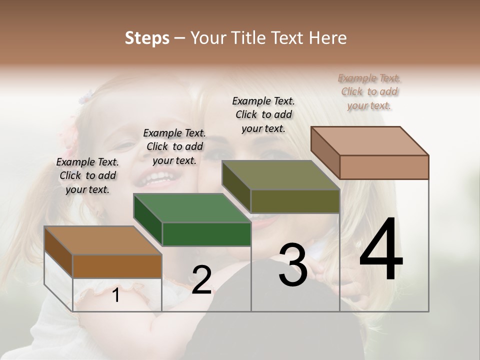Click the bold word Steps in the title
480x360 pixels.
[x=147, y=38]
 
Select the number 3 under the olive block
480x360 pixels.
[x=292, y=264]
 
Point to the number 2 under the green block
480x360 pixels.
[x=201, y=280]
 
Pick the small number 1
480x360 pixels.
[x=116, y=295]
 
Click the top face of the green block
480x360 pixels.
[x=192, y=207]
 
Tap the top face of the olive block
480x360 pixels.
[x=281, y=175]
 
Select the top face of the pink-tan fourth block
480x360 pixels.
[x=370, y=140]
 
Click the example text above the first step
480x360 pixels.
[x=87, y=175]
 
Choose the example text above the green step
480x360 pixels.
[x=174, y=146]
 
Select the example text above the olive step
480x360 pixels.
[x=263, y=114]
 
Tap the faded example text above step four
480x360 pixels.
[x=369, y=91]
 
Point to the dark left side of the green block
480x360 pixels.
[x=147, y=220]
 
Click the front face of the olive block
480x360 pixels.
[x=295, y=201]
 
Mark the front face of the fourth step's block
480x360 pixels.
[x=384, y=167]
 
